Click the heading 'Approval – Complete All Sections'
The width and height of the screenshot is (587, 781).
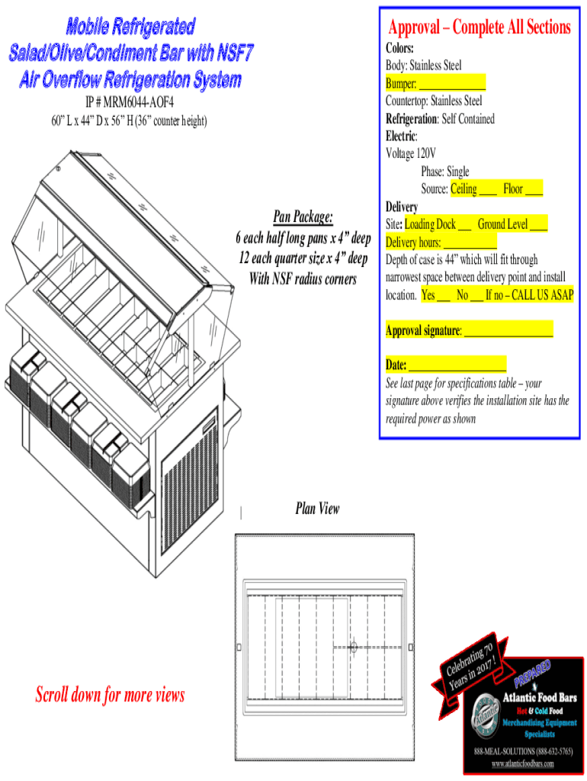tap(479, 28)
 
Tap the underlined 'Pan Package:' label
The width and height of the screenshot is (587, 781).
tap(302, 218)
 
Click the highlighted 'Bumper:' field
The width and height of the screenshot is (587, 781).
tap(435, 83)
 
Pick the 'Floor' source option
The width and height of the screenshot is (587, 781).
tap(523, 189)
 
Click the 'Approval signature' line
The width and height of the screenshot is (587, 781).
tap(469, 331)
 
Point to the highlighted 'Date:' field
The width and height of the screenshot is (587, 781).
tap(446, 365)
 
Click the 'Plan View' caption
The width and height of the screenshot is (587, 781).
tap(317, 509)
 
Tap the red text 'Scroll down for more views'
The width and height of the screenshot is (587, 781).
tap(110, 695)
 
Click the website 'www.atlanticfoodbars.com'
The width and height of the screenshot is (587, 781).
tap(522, 763)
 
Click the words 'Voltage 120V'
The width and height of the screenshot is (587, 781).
tap(411, 153)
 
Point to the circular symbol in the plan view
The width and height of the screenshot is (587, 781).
tap(353, 648)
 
